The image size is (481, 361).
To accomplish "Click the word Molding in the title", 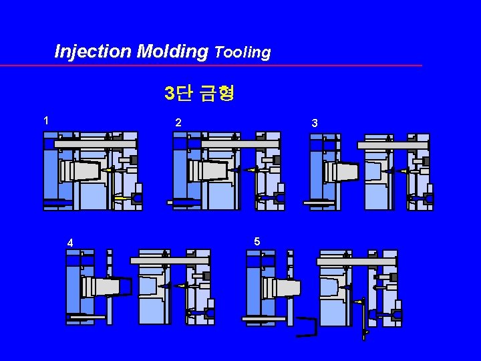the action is (x=173, y=51).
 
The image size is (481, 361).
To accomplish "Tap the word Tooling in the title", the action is (x=243, y=52).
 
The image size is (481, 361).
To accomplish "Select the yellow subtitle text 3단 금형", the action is (x=199, y=93).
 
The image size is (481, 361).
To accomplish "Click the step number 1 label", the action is (x=45, y=121).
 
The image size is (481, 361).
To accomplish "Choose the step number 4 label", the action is (x=69, y=242).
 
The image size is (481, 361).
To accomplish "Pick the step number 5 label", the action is (x=257, y=241).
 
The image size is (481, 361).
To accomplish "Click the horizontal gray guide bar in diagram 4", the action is (x=170, y=259).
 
